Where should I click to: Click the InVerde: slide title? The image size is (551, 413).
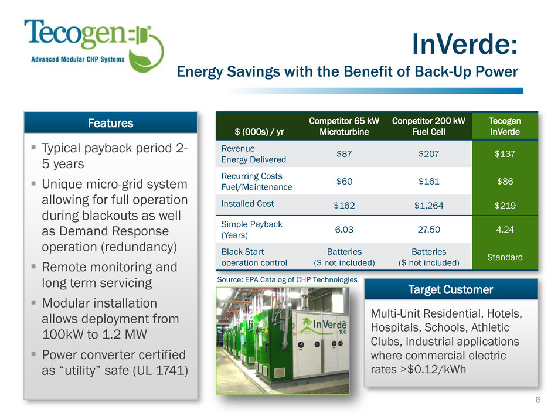coord(465,45)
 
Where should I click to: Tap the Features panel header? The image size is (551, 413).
coord(111,123)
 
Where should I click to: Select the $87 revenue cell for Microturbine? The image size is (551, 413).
coord(344,154)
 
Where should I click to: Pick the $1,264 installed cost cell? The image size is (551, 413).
coord(428,206)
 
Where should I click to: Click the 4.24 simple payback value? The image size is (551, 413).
coord(505,229)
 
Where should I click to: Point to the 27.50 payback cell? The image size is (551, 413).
coord(428,229)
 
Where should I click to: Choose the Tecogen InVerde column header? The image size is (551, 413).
coord(505,127)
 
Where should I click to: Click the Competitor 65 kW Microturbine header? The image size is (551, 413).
coord(344,127)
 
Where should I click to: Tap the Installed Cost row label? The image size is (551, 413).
coord(247,204)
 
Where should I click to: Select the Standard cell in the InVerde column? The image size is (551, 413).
coord(505,257)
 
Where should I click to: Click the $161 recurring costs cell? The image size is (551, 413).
coord(428,181)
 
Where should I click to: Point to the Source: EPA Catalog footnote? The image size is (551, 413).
coord(287,279)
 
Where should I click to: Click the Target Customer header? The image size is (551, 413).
coord(451,290)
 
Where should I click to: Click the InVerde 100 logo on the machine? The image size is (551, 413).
coord(324,325)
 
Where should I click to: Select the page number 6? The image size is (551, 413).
coord(538,400)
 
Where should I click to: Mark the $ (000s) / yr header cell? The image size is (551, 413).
coord(259,132)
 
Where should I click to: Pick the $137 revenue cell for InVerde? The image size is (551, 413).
coord(505,154)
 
